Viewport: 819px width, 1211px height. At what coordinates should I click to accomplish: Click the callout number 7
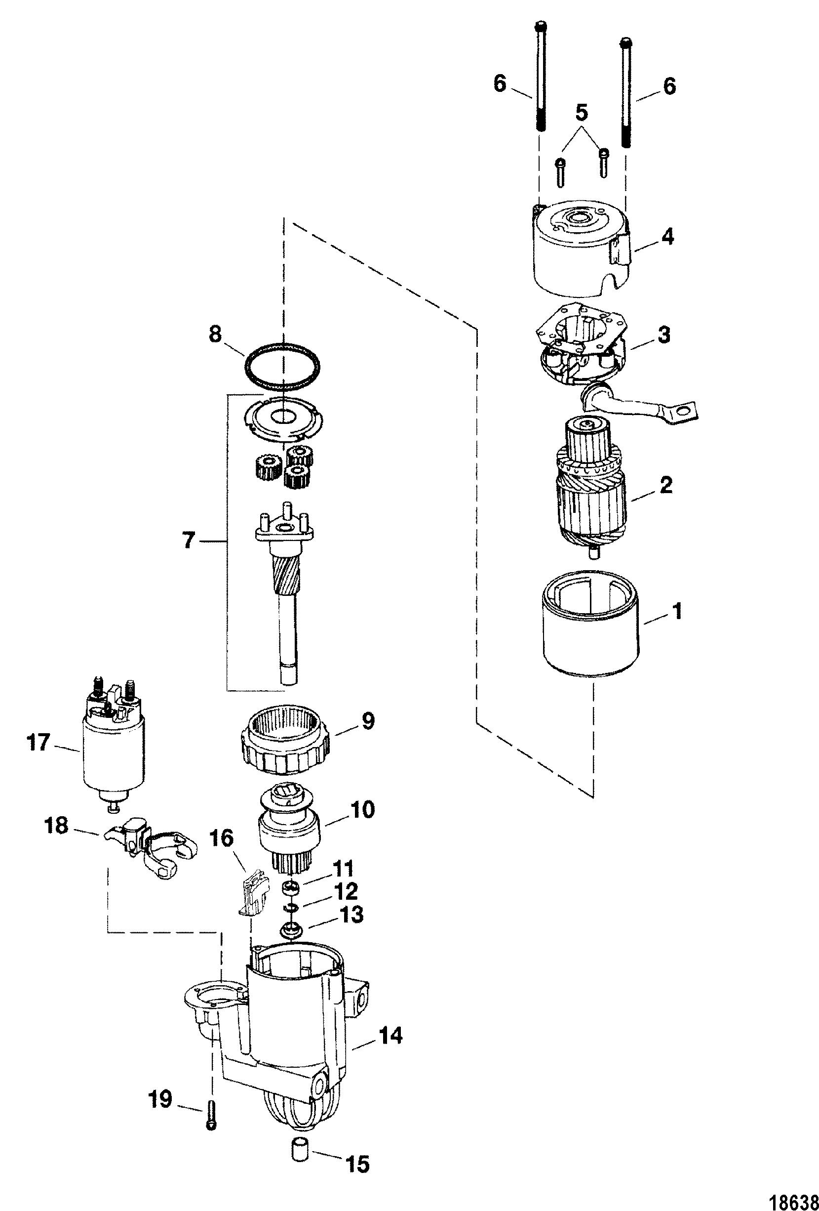189,542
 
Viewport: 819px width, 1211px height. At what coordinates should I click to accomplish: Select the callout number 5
582,111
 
